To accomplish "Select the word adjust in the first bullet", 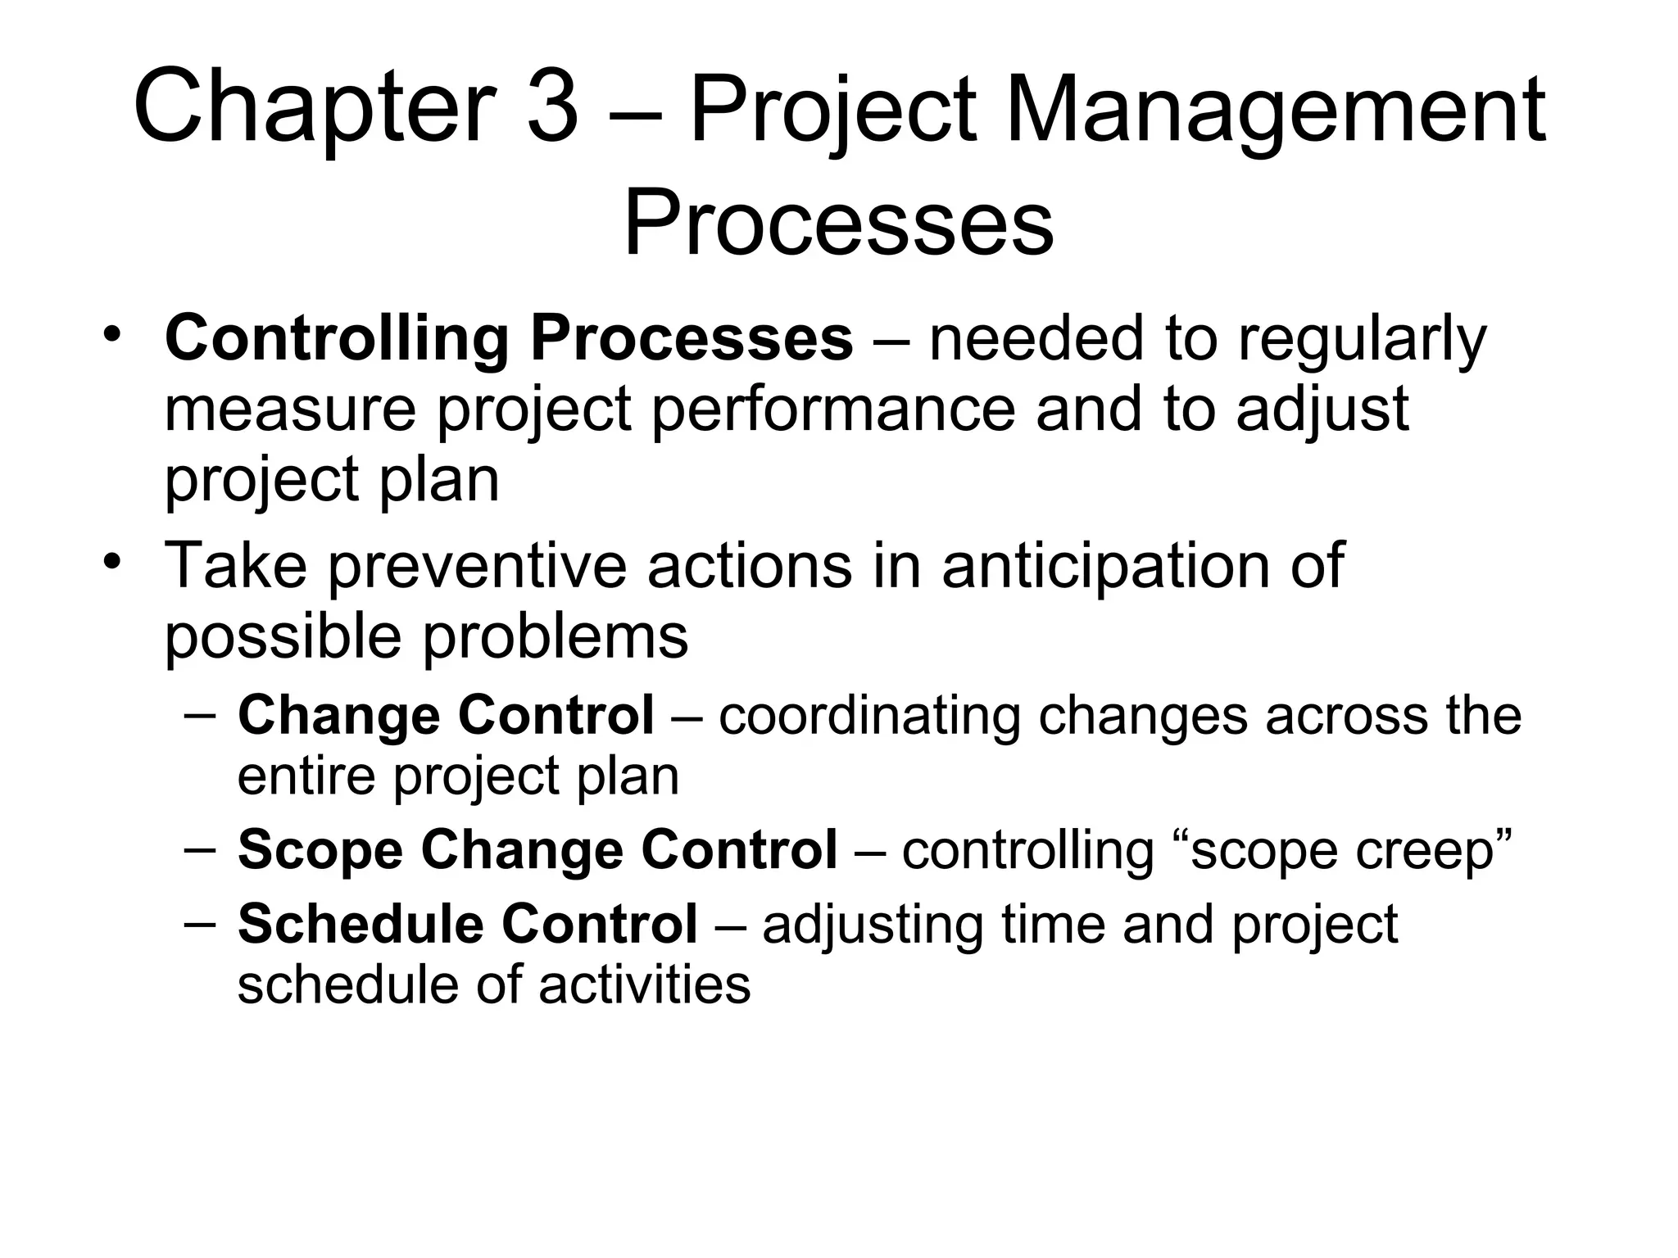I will (1322, 410).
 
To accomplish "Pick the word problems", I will (556, 637).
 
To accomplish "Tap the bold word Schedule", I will (360, 924).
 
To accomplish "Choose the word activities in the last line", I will (644, 984).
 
